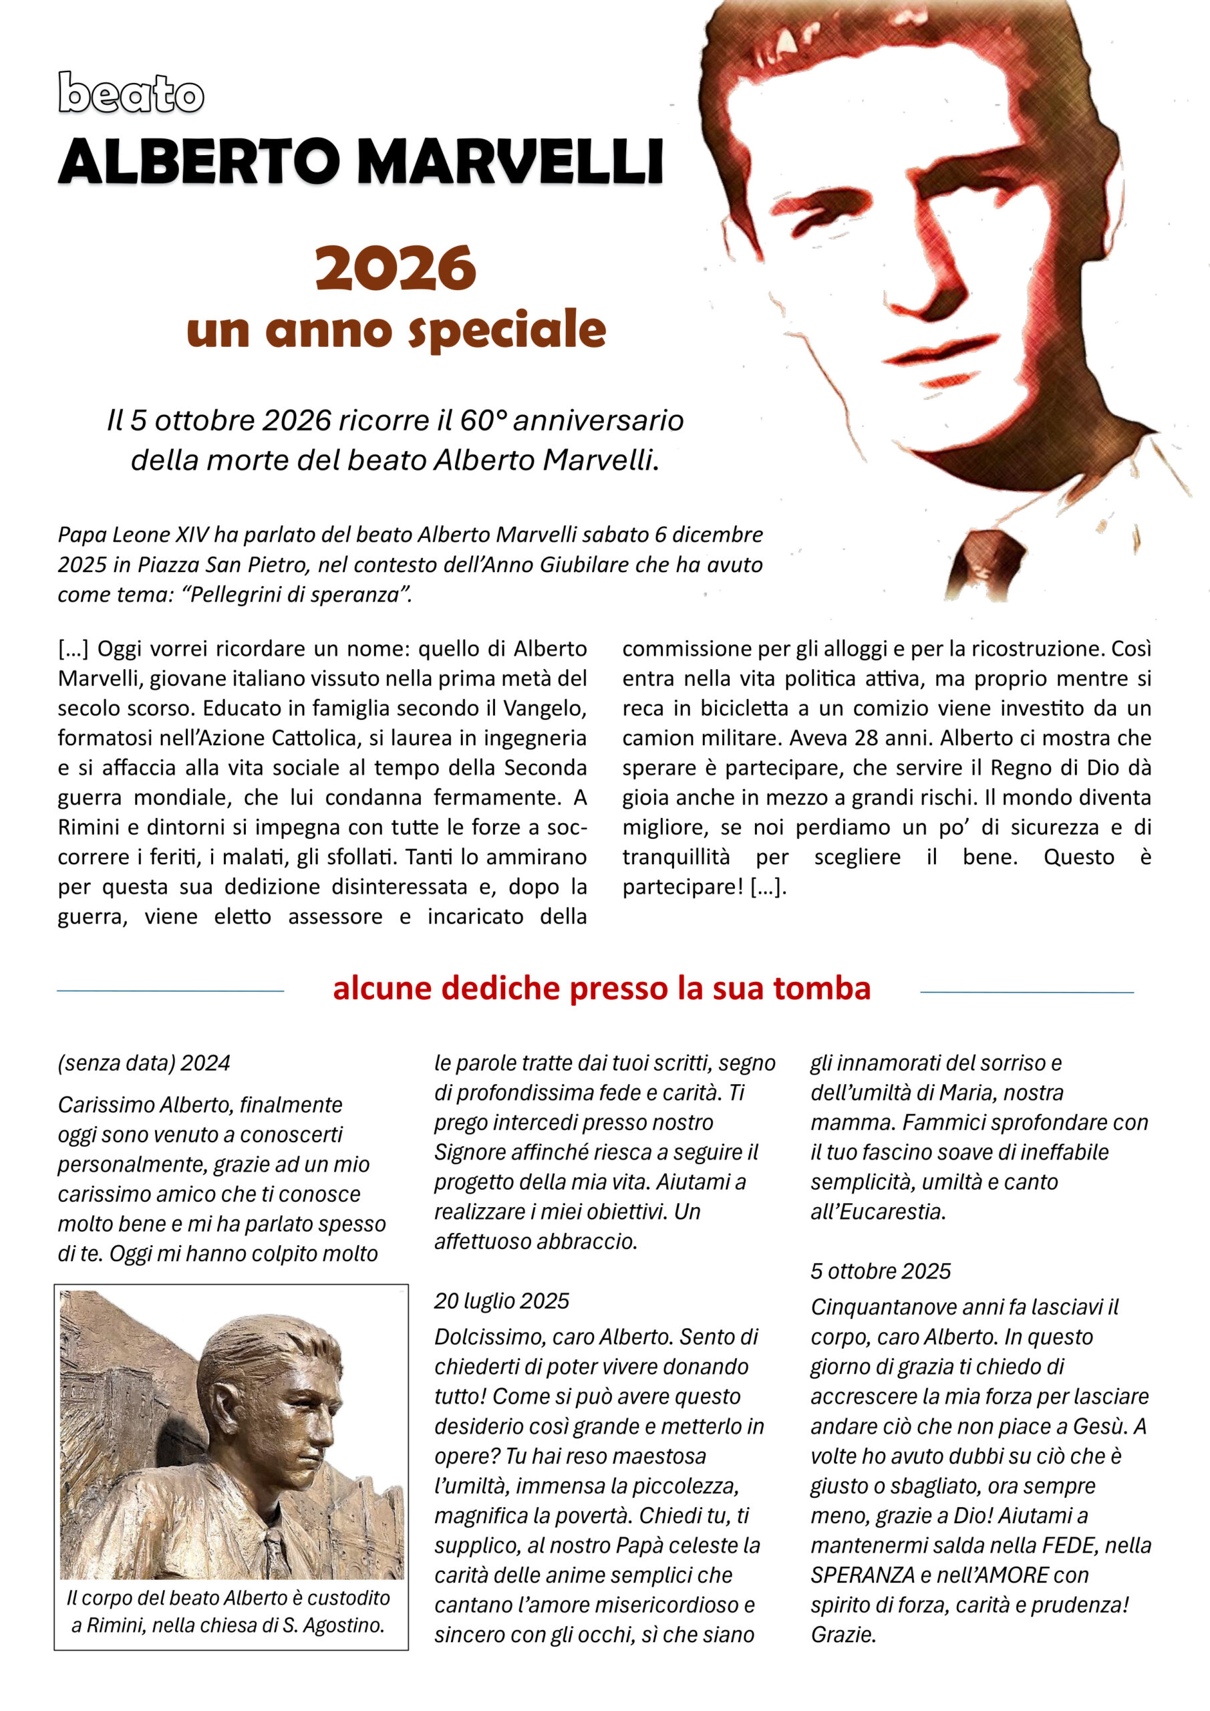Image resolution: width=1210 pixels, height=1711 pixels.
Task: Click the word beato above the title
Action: tap(131, 94)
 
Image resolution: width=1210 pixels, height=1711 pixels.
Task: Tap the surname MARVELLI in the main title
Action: tap(511, 161)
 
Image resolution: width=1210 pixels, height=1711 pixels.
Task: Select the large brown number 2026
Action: tap(395, 268)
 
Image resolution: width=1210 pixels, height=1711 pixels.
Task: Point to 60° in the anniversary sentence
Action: tap(483, 420)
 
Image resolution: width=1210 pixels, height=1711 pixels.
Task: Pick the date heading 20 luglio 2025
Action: tap(501, 1301)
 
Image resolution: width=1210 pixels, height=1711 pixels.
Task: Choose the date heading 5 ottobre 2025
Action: tap(881, 1271)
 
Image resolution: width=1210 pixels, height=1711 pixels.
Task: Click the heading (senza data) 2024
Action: tap(144, 1063)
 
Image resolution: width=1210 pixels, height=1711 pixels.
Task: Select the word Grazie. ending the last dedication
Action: tap(843, 1635)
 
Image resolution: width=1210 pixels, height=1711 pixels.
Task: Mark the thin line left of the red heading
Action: tap(170, 991)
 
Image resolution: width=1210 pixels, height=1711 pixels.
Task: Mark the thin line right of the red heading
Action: tap(1027, 992)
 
